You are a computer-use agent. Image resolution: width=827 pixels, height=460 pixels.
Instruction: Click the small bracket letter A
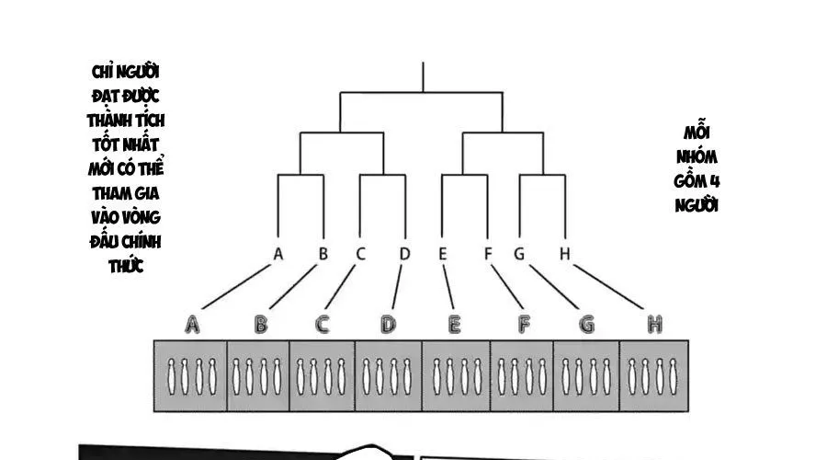tap(278, 253)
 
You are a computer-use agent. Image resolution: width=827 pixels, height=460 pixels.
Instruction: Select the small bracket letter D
tap(404, 253)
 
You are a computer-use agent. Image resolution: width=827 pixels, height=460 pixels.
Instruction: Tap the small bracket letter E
tap(443, 253)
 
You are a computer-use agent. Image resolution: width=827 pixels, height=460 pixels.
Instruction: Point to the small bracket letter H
tap(565, 253)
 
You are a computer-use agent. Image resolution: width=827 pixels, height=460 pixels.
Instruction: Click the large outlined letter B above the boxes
tap(261, 324)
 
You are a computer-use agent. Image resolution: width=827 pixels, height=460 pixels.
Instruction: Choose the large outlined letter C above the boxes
tap(323, 324)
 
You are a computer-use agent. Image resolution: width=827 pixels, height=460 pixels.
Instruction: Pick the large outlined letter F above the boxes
tap(525, 324)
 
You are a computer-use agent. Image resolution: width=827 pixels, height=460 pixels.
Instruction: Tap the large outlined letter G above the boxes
tap(586, 324)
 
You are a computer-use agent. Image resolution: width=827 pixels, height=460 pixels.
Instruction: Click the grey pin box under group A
tap(189, 374)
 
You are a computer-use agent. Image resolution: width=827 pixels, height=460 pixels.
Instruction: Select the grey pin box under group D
tap(388, 374)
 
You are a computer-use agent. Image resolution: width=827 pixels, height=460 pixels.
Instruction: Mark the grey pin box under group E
tap(456, 374)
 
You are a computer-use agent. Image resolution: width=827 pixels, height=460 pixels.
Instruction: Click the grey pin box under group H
tap(653, 374)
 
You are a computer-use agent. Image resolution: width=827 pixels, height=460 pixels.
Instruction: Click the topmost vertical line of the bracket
tap(422, 77)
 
